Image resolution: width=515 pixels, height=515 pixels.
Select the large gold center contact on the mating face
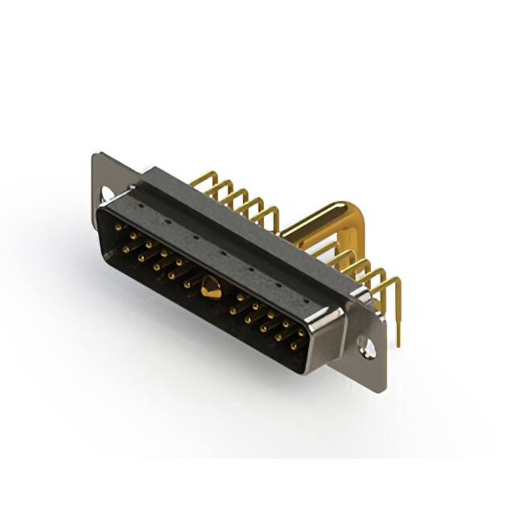coord(211,287)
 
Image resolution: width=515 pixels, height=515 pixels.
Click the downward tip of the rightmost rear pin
coord(398,341)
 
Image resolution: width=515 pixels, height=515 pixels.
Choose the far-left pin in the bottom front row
coord(126,249)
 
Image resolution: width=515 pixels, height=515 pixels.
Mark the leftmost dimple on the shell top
coord(140,205)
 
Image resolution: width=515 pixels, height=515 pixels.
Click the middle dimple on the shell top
coord(222,251)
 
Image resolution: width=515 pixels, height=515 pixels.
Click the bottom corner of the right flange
coord(378,389)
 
